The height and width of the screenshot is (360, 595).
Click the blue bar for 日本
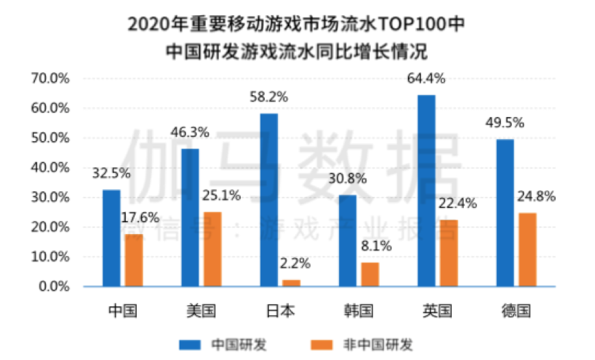pos(269,200)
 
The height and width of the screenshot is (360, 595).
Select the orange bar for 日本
pos(292,282)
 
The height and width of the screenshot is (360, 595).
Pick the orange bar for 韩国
pos(370,274)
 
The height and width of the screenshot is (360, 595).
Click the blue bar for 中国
pos(111,237)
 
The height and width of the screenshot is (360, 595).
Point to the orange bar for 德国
pos(528,249)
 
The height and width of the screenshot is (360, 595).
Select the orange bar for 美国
pos(213,248)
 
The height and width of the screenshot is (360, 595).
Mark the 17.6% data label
pos(140,218)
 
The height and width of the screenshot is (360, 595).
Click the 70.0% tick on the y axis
pos(50,78)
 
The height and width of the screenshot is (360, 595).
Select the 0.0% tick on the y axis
pos(54,286)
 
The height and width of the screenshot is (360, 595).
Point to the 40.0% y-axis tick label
pos(50,167)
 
